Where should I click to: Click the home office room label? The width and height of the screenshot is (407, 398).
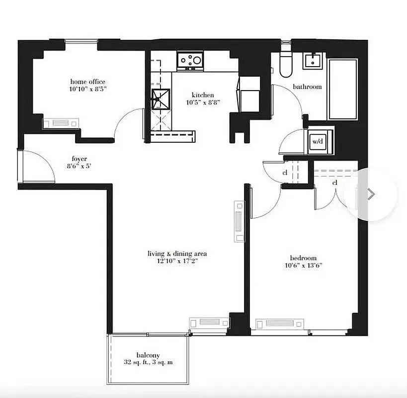point(88,82)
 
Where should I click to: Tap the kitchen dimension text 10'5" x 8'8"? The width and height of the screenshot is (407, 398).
point(203,102)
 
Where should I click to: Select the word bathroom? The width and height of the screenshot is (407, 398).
point(307,87)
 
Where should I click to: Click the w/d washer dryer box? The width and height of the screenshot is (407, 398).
point(318,141)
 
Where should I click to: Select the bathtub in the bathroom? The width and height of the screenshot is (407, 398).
point(343,89)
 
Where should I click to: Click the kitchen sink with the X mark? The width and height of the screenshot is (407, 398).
point(161,98)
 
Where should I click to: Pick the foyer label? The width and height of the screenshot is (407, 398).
point(79,159)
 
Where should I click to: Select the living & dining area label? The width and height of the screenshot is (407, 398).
point(177,254)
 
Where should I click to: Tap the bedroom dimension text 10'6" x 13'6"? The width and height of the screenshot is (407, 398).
point(304,265)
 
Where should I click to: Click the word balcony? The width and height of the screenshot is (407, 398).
point(148,355)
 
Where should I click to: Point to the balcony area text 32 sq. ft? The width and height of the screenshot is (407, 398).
point(148,362)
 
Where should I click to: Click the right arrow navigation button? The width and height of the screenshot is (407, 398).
point(371,194)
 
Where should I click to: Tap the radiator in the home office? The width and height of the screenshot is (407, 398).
point(61,123)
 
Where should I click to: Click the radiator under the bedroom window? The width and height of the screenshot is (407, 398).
point(280,323)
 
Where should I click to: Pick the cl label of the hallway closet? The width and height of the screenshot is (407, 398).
point(285,173)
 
